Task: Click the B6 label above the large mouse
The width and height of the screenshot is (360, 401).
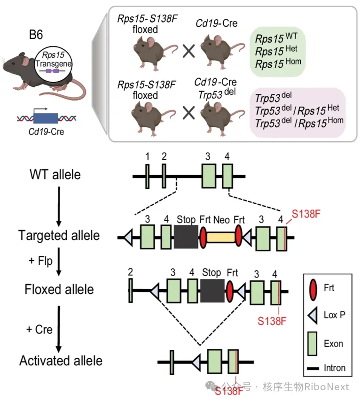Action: [36, 35]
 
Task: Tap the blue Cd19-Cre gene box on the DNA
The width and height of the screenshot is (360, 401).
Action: [46, 118]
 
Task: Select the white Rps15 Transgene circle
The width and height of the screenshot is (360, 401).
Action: [54, 64]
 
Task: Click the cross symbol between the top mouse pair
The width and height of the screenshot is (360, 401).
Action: [189, 51]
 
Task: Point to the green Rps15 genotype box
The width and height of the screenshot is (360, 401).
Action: [278, 52]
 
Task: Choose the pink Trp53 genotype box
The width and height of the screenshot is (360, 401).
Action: [298, 113]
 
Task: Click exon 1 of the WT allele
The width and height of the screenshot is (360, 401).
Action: [148, 177]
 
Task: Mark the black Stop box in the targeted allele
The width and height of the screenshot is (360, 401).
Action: [186, 237]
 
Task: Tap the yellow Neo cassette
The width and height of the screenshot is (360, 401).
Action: [221, 237]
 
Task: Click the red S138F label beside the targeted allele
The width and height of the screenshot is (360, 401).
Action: [306, 214]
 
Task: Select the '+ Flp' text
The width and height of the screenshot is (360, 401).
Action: [40, 261]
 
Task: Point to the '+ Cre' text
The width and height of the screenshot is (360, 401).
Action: [39, 330]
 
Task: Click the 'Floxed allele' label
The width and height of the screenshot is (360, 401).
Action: [59, 290]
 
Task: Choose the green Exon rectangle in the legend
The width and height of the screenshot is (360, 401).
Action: [312, 344]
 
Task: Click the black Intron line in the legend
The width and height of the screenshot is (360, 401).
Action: [313, 369]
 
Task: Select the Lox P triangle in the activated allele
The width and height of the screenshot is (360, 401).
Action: [196, 362]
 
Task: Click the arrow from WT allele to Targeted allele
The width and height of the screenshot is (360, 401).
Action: [59, 206]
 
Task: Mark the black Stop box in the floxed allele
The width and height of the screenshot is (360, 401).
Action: [212, 291]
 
